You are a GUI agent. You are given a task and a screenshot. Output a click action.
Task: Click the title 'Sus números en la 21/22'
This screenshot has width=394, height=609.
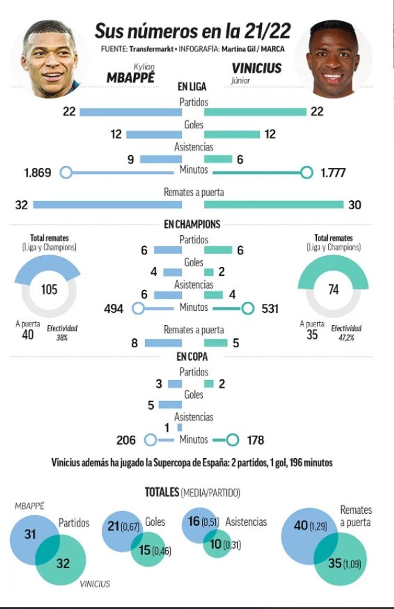[x=193, y=31]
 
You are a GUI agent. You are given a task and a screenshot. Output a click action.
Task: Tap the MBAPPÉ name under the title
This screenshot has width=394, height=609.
[x=130, y=77]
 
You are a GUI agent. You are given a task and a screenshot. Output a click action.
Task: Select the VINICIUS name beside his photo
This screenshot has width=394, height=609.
[x=257, y=68]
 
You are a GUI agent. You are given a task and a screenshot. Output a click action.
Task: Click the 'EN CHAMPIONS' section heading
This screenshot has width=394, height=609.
[x=192, y=224]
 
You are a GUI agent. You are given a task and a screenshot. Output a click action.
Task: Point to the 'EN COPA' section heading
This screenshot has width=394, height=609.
[x=192, y=357]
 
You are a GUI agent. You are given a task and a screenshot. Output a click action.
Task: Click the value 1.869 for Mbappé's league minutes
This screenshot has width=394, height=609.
[x=38, y=173]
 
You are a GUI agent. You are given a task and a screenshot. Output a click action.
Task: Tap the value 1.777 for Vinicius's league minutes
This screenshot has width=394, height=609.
[x=333, y=173]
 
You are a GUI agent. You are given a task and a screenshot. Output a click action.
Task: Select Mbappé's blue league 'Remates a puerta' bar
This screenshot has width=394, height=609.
[x=107, y=205]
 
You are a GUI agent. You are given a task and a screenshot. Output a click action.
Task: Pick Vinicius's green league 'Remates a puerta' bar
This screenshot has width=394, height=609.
[x=274, y=205]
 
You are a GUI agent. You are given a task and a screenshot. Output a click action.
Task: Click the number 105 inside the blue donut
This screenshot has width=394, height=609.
[x=49, y=289]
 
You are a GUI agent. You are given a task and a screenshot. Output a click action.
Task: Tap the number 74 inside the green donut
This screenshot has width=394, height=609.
[x=333, y=289]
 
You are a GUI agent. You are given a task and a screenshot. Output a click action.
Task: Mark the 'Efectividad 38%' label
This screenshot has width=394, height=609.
[x=62, y=333]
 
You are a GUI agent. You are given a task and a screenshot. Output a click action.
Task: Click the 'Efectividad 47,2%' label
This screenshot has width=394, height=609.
[x=346, y=333]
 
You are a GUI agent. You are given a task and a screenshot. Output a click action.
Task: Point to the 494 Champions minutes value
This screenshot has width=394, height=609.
[x=113, y=309]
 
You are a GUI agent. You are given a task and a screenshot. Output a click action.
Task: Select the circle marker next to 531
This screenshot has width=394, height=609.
[x=248, y=309]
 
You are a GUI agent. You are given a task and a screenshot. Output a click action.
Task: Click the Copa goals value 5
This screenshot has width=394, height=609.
[x=151, y=405]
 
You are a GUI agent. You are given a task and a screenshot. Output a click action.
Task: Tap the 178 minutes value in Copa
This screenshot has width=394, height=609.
[x=256, y=440]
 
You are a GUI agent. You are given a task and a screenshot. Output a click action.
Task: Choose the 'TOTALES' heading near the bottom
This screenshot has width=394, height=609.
[x=162, y=492]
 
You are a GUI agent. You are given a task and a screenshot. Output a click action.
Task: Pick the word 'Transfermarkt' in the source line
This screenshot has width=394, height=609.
[x=151, y=49]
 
